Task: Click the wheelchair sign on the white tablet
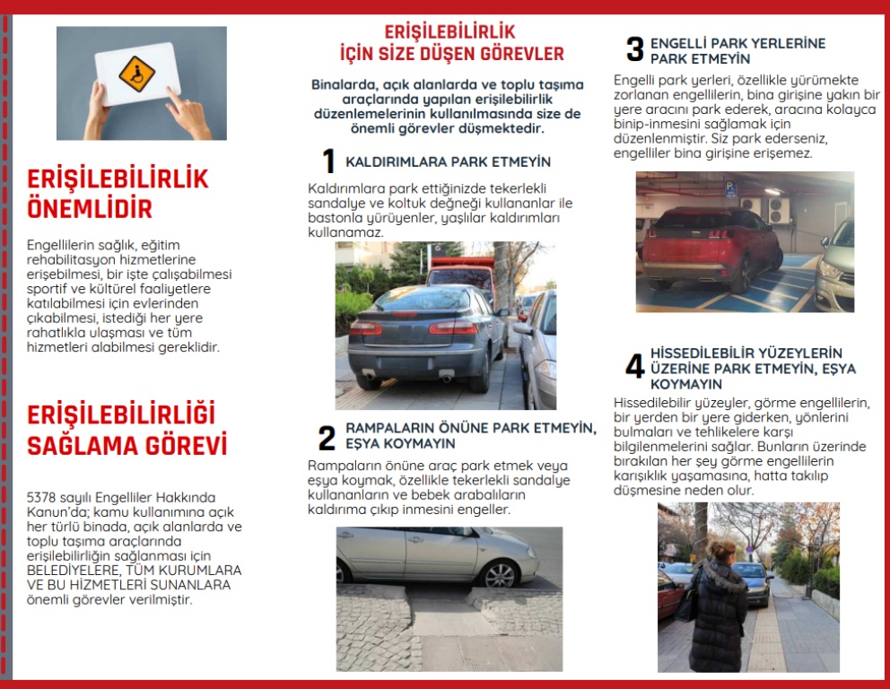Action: pos(137,74)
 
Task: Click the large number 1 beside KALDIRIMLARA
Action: pos(328,161)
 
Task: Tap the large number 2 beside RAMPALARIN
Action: pos(327,438)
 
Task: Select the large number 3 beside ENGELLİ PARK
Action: pos(634,50)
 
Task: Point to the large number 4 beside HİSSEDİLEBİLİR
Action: pos(634,367)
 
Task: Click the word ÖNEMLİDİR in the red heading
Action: pos(90,209)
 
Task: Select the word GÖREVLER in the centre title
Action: pos(523,53)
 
